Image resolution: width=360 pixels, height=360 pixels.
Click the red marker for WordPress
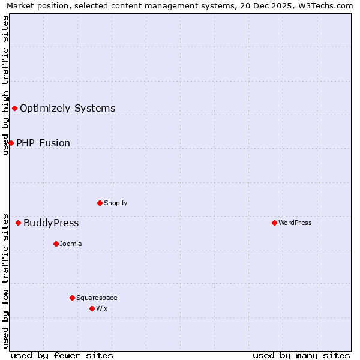(x=274, y=223)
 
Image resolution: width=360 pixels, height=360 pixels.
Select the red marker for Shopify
(x=100, y=203)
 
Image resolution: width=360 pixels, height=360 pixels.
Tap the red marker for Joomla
(x=56, y=244)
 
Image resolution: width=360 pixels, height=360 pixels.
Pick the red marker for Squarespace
(x=72, y=298)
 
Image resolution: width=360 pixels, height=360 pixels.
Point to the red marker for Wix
(x=92, y=308)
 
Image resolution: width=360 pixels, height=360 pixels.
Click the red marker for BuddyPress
(x=18, y=223)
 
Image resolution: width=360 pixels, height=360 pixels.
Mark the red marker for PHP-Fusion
(x=11, y=143)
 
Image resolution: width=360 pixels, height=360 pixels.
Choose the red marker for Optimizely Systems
(x=14, y=108)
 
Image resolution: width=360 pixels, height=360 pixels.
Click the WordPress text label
(x=295, y=223)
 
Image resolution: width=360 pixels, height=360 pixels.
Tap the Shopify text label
(x=116, y=203)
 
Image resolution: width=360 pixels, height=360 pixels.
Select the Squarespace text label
(x=97, y=298)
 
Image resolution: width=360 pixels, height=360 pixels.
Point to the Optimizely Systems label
(x=68, y=109)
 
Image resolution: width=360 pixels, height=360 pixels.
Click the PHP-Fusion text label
(x=43, y=143)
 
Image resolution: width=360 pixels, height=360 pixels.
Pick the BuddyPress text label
(x=51, y=223)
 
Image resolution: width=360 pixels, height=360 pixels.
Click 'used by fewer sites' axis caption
(x=62, y=355)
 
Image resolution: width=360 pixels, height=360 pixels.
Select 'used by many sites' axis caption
(x=301, y=355)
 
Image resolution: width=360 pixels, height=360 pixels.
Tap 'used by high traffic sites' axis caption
(x=5, y=85)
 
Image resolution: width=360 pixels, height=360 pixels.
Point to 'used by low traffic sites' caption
(x=5, y=281)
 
